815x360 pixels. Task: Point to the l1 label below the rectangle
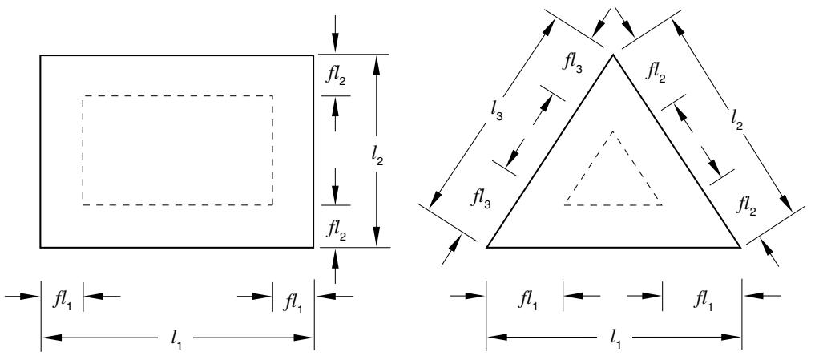pyautogui.click(x=177, y=341)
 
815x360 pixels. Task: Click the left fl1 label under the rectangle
pyautogui.click(x=62, y=302)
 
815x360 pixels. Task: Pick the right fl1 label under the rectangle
pyautogui.click(x=293, y=302)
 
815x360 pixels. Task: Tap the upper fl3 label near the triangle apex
pyautogui.click(x=571, y=63)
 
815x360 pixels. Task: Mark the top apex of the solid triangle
pyautogui.click(x=613, y=55)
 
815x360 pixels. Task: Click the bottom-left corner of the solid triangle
pyautogui.click(x=487, y=247)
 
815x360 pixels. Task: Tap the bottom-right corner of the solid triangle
pyautogui.click(x=740, y=247)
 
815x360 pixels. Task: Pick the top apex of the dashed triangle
pyautogui.click(x=613, y=132)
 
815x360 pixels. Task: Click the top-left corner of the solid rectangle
pyautogui.click(x=41, y=55)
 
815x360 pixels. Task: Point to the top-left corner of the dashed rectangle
pyautogui.click(x=83, y=96)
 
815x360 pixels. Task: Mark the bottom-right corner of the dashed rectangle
pyautogui.click(x=272, y=204)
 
